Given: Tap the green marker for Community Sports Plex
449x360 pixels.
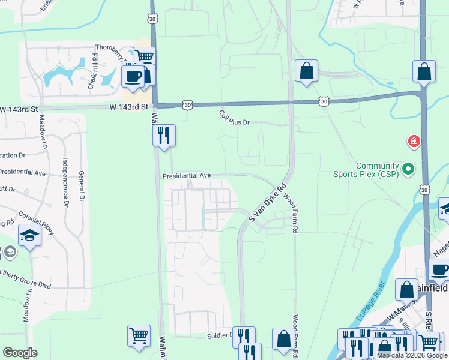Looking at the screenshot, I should (408, 169).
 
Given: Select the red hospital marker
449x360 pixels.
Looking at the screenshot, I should (414, 142).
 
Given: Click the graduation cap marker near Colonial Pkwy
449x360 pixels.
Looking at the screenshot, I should (29, 236).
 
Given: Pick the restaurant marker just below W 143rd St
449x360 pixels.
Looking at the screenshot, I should (164, 136).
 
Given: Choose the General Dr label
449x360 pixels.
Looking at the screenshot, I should (82, 187).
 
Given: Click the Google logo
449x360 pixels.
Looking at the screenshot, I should (20, 353).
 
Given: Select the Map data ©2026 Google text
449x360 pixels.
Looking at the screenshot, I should (411, 355).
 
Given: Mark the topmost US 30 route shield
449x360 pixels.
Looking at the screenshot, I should (153, 19).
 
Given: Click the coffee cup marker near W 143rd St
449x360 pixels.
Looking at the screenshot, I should (133, 76).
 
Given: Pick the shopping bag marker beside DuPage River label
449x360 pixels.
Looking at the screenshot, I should (406, 290).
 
